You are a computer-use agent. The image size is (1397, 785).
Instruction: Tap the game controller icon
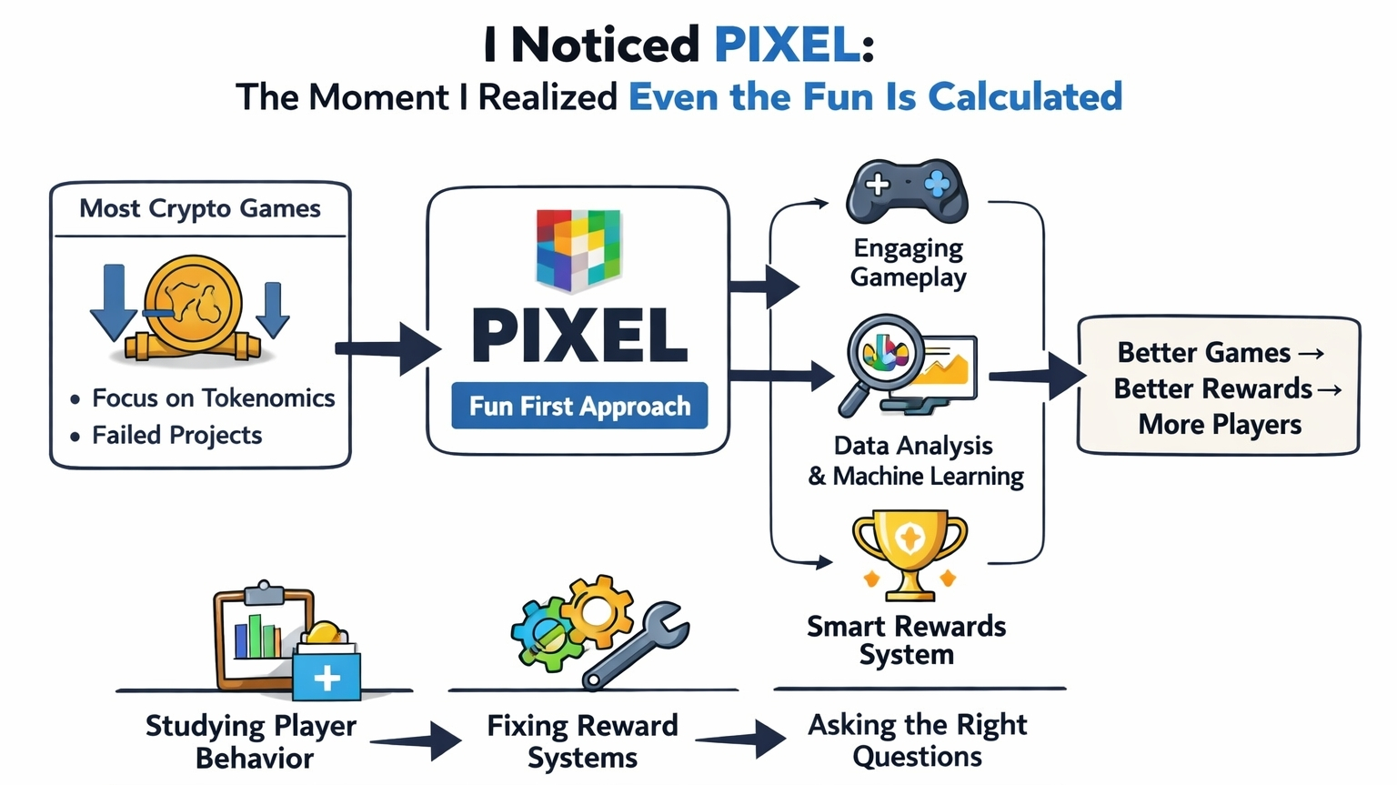click(x=906, y=191)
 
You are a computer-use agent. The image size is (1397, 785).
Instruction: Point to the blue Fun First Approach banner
click(x=579, y=406)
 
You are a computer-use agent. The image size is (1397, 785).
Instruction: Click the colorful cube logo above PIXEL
click(x=578, y=249)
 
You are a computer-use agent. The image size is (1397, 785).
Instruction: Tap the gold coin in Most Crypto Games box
click(x=193, y=304)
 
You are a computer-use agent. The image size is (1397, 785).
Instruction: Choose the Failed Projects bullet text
click(x=176, y=435)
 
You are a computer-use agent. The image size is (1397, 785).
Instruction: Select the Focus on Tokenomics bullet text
click(x=213, y=398)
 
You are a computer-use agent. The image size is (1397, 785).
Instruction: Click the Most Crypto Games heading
click(x=200, y=208)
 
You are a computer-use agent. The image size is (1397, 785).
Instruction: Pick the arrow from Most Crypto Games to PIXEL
click(x=387, y=348)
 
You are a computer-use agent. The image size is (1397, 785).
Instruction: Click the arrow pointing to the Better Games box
click(x=1037, y=375)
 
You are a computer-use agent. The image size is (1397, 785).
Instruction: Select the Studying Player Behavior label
click(x=251, y=741)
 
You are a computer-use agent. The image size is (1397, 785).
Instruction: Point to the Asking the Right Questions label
click(x=917, y=740)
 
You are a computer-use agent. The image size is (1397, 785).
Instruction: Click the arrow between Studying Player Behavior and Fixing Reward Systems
click(x=417, y=740)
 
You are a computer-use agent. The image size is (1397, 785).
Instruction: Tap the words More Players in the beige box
click(x=1219, y=425)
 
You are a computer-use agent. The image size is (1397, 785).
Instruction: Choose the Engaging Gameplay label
click(x=909, y=262)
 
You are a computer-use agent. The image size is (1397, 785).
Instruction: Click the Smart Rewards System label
click(x=906, y=639)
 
